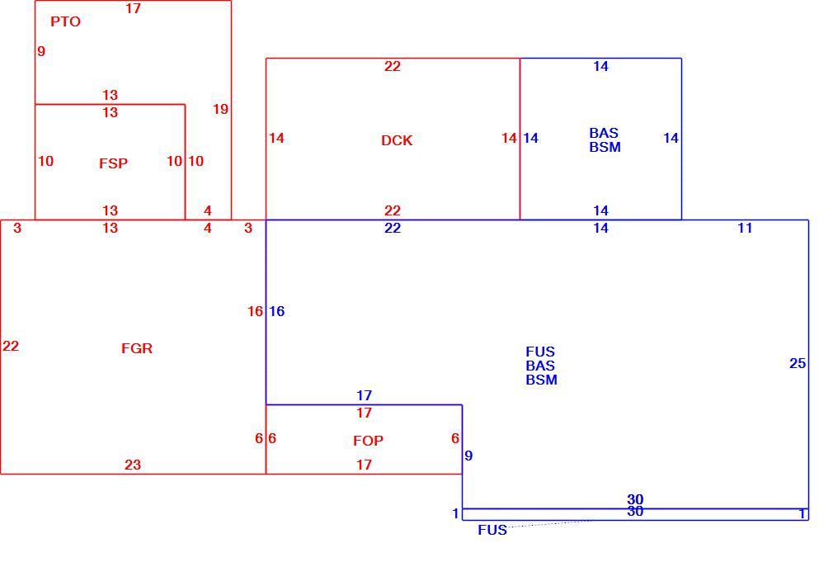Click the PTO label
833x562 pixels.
click(65, 21)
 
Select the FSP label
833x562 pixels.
click(113, 163)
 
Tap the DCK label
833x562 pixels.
click(397, 140)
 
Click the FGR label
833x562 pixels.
click(137, 348)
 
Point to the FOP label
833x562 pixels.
click(368, 441)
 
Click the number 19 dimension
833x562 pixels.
click(220, 109)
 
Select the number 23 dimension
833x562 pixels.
click(133, 465)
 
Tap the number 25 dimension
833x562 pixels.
click(798, 363)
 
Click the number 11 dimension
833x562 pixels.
click(745, 228)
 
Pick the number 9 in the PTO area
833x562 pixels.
click(41, 51)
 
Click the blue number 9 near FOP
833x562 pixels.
click(468, 456)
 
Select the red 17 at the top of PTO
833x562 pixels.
click(134, 8)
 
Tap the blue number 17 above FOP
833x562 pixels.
click(364, 395)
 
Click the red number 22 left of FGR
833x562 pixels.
click(11, 346)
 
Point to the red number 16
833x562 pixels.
click(255, 311)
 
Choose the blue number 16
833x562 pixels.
click(277, 311)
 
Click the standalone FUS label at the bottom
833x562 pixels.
click(492, 530)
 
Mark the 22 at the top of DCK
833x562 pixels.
click(393, 67)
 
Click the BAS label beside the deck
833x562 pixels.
click(604, 133)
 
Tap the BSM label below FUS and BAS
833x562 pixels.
click(541, 380)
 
